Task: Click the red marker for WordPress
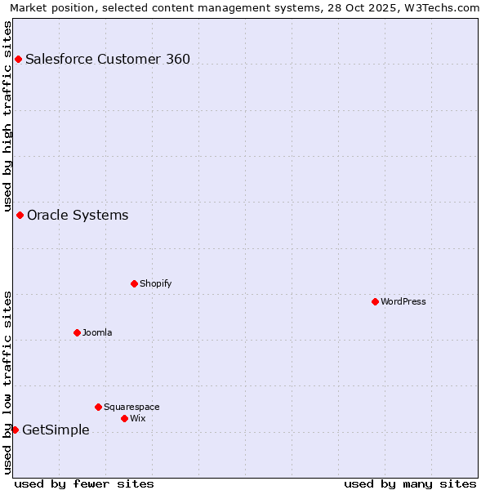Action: point(375,301)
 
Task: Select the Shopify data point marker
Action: point(134,283)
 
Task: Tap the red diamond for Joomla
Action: point(77,332)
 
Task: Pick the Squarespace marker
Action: point(98,407)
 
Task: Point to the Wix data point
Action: point(124,418)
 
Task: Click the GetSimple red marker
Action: point(15,430)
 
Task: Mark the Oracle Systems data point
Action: point(20,215)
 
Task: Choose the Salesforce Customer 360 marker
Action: point(18,59)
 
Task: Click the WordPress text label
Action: point(403,301)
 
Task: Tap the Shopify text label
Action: point(155,283)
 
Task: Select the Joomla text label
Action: point(97,332)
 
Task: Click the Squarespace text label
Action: point(131,407)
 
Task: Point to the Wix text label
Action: point(137,418)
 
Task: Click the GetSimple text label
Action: point(56,430)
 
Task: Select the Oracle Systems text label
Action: point(78,216)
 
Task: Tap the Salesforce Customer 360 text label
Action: point(108,59)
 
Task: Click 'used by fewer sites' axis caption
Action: point(84,483)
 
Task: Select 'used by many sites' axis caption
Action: point(410,483)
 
